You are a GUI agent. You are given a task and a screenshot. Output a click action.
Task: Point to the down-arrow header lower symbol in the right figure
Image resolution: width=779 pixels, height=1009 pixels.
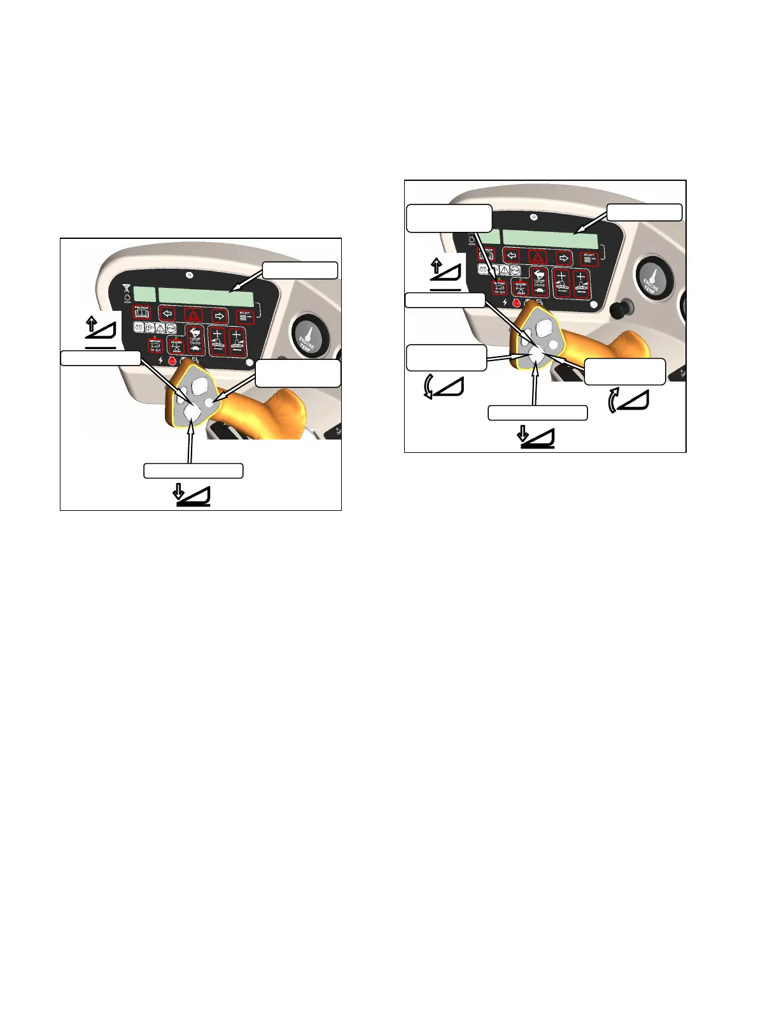[x=537, y=438]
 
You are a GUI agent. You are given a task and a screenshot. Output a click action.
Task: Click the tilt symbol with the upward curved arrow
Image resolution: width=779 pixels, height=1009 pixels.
[x=629, y=399]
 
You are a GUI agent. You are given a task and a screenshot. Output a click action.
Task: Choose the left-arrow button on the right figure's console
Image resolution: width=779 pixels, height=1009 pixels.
[x=512, y=257]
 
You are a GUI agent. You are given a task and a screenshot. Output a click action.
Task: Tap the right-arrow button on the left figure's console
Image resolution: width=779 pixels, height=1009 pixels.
[x=219, y=315]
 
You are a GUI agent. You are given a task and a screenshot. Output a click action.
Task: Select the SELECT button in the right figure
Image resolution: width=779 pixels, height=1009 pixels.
[x=588, y=258]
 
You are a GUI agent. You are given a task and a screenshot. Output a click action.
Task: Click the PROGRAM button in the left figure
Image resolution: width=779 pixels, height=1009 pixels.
[x=141, y=312]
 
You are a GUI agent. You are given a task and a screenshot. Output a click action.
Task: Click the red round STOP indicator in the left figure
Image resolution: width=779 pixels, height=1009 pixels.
[x=172, y=361]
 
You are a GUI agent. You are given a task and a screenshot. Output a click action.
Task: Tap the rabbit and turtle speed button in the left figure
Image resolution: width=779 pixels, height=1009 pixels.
[x=195, y=340]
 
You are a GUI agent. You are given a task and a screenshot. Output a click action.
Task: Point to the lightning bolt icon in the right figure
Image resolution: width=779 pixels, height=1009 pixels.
[x=505, y=302]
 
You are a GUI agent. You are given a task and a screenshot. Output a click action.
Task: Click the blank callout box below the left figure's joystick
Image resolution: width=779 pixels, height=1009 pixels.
[x=193, y=471]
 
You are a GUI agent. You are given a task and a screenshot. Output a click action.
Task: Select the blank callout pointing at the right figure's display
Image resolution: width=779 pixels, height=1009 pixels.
[x=644, y=212]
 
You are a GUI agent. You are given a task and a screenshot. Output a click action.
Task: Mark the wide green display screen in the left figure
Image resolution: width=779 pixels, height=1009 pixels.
[x=206, y=297]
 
